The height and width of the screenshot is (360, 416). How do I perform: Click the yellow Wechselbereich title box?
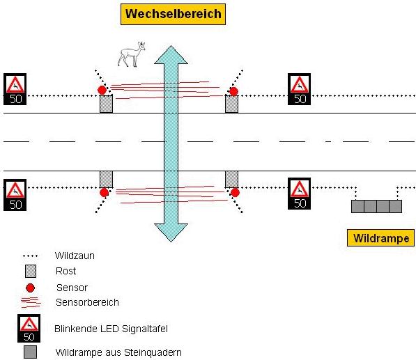(173, 15)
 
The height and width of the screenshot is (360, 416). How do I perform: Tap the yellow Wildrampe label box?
(380, 238)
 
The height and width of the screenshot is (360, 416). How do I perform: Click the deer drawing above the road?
(132, 54)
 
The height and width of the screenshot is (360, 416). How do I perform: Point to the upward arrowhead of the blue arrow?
(171, 55)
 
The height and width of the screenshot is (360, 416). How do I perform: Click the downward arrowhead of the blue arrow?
(171, 233)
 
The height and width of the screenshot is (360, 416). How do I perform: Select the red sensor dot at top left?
(102, 90)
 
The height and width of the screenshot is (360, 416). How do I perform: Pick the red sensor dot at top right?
(233, 92)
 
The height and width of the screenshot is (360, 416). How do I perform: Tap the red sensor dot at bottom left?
(104, 192)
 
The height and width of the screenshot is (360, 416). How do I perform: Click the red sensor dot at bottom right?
(235, 193)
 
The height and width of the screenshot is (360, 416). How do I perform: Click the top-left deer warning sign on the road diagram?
(15, 89)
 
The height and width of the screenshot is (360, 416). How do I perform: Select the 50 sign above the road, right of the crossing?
(299, 89)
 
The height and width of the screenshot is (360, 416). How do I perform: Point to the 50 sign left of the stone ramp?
(299, 194)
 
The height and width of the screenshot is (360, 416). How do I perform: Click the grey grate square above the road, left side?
(106, 104)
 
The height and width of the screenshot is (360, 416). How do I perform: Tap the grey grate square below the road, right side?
(231, 180)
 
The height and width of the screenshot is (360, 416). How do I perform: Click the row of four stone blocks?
(376, 207)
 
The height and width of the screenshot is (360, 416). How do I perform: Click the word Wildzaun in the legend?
(75, 256)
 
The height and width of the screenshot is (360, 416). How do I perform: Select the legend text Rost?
(66, 271)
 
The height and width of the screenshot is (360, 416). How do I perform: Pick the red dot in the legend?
(30, 288)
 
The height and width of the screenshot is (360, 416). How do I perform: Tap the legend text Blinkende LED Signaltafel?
(111, 329)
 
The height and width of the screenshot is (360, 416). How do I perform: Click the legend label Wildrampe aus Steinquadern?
(118, 352)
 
